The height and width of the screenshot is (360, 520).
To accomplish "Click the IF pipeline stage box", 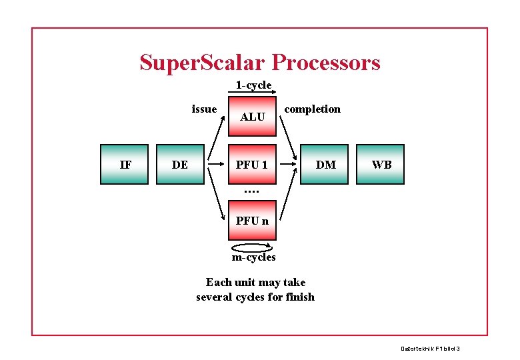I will click(125, 164).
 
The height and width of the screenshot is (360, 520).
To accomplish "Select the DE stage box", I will click(179, 164).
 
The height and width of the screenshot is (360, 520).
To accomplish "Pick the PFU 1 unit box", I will click(252, 164).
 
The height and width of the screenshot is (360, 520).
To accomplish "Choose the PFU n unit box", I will click(252, 220).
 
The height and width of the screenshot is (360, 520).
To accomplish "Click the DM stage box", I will click(325, 164).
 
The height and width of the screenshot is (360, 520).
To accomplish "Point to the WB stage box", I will click(381, 164).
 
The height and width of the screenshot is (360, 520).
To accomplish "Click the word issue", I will click(204, 109).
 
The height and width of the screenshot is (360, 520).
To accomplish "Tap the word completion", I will click(312, 109).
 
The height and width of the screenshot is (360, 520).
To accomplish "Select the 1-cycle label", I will click(253, 85).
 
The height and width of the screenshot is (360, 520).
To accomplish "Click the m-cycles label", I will click(253, 257).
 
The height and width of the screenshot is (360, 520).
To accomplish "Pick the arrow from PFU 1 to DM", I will click(289, 164).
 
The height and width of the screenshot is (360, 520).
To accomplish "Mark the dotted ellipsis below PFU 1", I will click(251, 191).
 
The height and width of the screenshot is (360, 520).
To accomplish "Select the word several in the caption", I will click(214, 297).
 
